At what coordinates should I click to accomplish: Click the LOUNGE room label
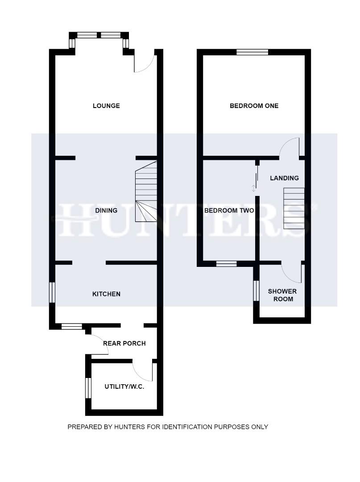(106, 106)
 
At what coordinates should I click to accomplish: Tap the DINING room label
(106, 210)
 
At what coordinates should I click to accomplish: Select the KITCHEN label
(106, 294)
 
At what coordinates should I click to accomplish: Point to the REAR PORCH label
(124, 343)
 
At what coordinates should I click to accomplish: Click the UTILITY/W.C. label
(124, 386)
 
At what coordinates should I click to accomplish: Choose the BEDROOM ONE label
(254, 106)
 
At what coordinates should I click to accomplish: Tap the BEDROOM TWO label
(229, 210)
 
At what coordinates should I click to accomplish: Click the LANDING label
(284, 178)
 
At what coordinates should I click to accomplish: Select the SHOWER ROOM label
(282, 295)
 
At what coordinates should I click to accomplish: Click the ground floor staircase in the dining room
(146, 192)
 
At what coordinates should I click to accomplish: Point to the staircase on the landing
(294, 208)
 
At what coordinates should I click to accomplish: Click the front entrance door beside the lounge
(145, 62)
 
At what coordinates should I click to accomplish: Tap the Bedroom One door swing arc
(289, 147)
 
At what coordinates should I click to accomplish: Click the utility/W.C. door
(143, 372)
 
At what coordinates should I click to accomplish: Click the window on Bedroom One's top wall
(252, 52)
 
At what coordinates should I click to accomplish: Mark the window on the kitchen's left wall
(52, 292)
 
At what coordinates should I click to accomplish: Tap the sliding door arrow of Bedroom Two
(254, 188)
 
